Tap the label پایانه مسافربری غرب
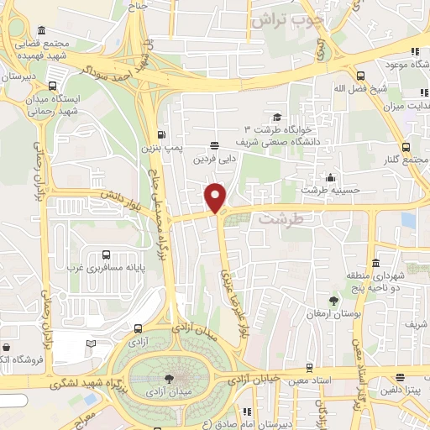click(107, 269)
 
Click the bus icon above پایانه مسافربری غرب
click(106, 254)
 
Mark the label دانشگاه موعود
click(406, 63)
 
